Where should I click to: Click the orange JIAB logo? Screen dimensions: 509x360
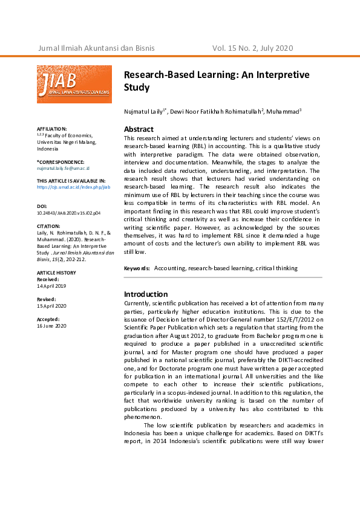(x=74, y=84)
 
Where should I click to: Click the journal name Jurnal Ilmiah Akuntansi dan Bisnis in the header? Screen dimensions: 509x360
(x=96, y=48)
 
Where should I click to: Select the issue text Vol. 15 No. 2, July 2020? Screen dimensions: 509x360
(x=252, y=48)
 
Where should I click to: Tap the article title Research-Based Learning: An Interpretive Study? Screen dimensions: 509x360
(x=216, y=81)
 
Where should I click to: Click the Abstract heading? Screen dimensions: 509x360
(x=139, y=129)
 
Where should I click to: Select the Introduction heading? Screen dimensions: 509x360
(x=146, y=294)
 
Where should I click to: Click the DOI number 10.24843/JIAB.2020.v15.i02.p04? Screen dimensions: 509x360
(x=69, y=213)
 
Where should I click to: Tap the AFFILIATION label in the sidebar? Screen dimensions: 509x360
(x=51, y=129)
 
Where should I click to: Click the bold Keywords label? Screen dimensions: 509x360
(x=137, y=267)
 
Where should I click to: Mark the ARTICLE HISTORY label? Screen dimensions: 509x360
(x=56, y=273)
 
